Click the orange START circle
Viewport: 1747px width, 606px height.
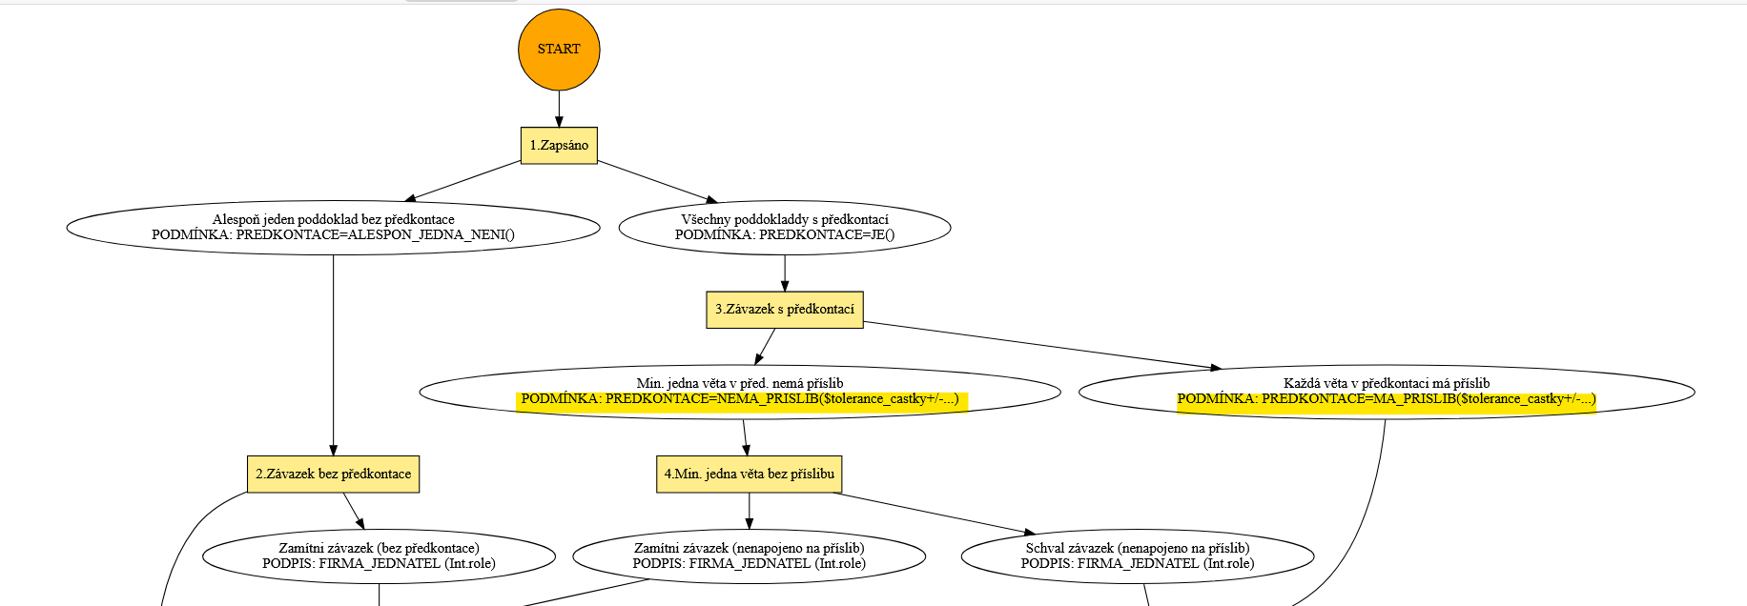pos(559,50)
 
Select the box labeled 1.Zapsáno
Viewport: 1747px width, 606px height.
pos(559,146)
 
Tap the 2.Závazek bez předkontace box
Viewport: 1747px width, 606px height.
pos(333,475)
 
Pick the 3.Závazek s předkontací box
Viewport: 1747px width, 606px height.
pos(784,310)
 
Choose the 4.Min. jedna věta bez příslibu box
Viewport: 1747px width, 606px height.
pos(749,475)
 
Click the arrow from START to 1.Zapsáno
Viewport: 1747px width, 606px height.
pos(559,109)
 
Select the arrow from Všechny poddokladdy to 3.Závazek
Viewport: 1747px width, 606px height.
pos(785,273)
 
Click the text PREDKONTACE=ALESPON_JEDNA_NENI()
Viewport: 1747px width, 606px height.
pos(375,235)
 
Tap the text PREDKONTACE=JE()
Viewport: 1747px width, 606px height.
pos(826,235)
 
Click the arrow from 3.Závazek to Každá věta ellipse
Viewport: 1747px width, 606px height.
pos(1039,345)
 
